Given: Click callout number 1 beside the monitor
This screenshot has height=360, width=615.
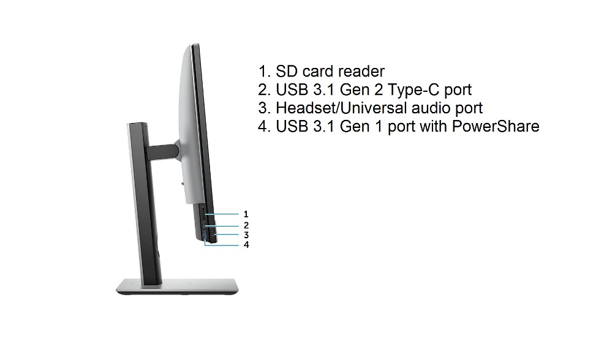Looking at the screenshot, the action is (x=246, y=214).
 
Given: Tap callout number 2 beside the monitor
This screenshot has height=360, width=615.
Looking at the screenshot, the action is (x=246, y=225).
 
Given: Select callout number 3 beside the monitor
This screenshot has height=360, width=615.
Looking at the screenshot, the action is (x=246, y=235).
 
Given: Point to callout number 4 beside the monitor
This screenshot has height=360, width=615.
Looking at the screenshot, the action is (x=246, y=245).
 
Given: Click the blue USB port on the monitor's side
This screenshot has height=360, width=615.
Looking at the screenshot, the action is (x=205, y=236).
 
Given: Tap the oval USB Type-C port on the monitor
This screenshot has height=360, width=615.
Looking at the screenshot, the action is (x=203, y=225).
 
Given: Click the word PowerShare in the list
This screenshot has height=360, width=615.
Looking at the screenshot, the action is (x=496, y=126).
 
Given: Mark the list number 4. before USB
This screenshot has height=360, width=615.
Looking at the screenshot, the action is (x=265, y=126).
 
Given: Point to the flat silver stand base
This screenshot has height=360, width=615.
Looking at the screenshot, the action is (x=177, y=287).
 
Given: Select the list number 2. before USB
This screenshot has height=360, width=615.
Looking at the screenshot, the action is (x=265, y=90).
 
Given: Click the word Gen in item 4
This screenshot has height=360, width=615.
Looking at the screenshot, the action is (x=353, y=126).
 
